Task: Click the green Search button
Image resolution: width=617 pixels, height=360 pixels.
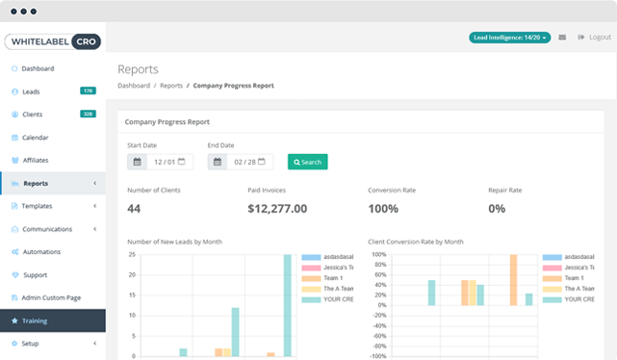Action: pyautogui.click(x=308, y=162)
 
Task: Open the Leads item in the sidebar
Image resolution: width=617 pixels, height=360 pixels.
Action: pyautogui.click(x=33, y=91)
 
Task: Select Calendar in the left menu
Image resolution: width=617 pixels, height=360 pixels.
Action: pyautogui.click(x=36, y=138)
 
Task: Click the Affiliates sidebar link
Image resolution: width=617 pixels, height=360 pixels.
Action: pyautogui.click(x=36, y=160)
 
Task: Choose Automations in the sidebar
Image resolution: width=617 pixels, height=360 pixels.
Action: pyautogui.click(x=40, y=252)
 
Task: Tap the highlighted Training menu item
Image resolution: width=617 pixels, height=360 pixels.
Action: pyautogui.click(x=35, y=321)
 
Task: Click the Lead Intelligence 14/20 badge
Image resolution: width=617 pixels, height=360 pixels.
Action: pyautogui.click(x=509, y=38)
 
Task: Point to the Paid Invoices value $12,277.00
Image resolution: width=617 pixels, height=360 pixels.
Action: pyautogui.click(x=277, y=208)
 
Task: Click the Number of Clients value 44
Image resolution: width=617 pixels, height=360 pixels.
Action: pyautogui.click(x=134, y=208)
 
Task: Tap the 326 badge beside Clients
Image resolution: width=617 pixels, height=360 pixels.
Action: pyautogui.click(x=88, y=115)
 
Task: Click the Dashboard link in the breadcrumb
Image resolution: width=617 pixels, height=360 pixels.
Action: pyautogui.click(x=134, y=86)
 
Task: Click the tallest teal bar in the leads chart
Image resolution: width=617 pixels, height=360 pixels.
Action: pyautogui.click(x=287, y=306)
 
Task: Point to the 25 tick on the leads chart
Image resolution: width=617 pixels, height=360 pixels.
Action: pyautogui.click(x=132, y=255)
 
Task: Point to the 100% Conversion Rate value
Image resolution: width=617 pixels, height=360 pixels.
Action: pyautogui.click(x=383, y=208)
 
